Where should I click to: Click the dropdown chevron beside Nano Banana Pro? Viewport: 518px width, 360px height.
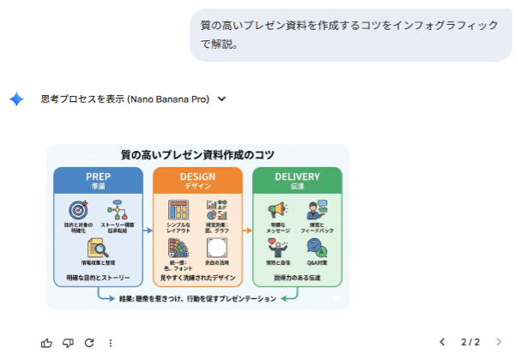[x=222, y=99]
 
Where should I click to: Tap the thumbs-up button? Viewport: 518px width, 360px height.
[x=46, y=343]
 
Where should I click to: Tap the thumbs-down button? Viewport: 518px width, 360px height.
[x=68, y=343]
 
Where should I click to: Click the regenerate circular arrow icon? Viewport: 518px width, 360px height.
[x=89, y=343]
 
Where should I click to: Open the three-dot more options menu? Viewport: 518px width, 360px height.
[x=111, y=343]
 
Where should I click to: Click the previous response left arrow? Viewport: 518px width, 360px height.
[x=443, y=342]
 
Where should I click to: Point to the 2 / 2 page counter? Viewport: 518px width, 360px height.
[x=470, y=342]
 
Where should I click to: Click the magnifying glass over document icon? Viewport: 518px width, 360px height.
[x=98, y=249]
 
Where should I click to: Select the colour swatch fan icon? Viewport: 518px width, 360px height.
[x=178, y=249]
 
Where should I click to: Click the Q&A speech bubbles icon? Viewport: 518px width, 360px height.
[x=316, y=249]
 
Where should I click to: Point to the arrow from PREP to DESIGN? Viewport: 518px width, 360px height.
[x=147, y=231]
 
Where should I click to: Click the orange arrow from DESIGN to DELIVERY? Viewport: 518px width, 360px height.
[x=247, y=231]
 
